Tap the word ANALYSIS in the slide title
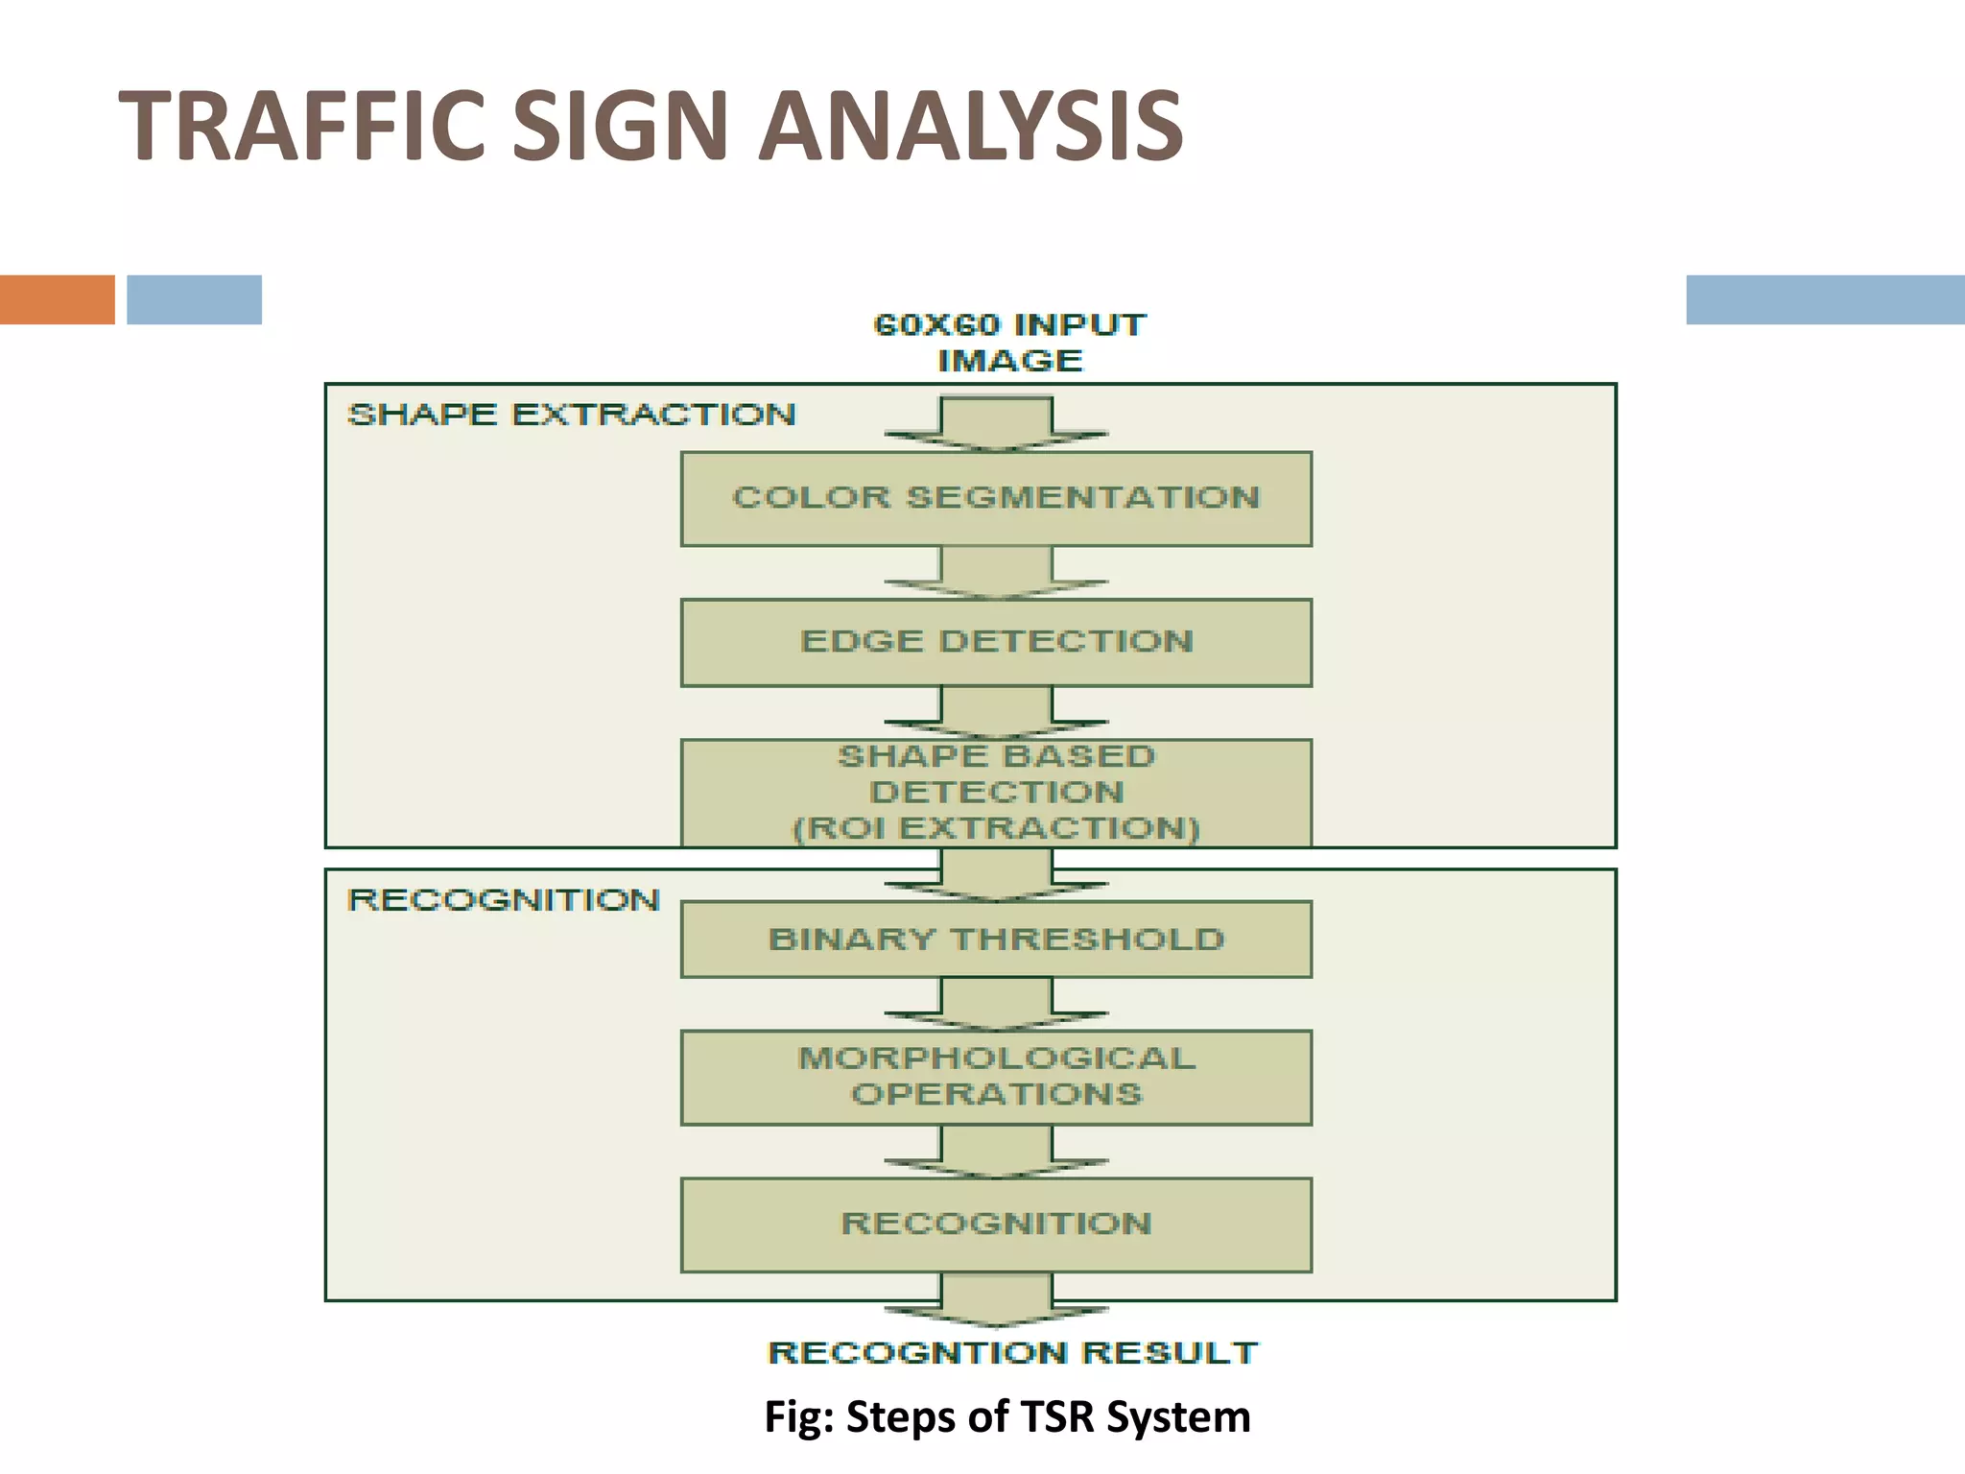coord(970,126)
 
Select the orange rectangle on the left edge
coord(57,299)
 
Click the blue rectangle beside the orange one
coord(194,299)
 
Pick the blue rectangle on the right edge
coord(1825,299)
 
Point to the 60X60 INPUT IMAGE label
coord(1009,343)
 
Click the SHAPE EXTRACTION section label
coord(571,415)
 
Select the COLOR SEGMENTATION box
coord(996,498)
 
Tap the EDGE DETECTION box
coord(996,642)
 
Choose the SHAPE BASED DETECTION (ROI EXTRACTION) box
coord(996,793)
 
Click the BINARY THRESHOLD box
coord(996,939)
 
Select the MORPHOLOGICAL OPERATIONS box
coord(996,1077)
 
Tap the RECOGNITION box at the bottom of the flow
coord(996,1224)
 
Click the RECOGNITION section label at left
coord(504,900)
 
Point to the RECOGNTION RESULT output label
coord(1012,1353)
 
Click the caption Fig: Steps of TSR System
coord(1007,1416)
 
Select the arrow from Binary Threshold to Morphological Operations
coord(996,1004)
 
